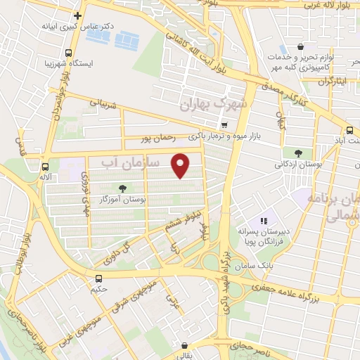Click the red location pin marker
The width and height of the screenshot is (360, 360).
181,165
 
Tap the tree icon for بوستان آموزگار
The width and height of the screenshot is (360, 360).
123,188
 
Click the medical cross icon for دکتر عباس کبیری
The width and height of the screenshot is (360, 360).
78,15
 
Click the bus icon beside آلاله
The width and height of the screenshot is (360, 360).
46,167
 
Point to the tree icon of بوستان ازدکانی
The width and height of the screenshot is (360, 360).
298,153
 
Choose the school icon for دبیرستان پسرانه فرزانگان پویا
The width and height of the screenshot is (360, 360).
264,221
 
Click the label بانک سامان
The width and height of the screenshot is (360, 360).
257,266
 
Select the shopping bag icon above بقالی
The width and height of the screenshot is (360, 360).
185,346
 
